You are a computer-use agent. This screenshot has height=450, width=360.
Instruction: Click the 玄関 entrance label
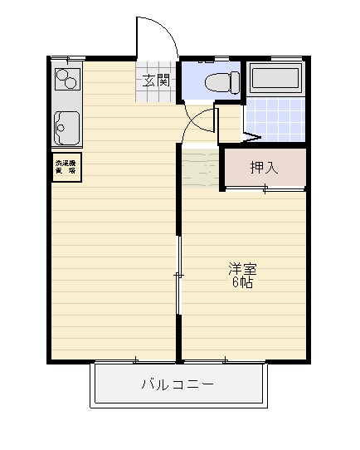click(x=156, y=81)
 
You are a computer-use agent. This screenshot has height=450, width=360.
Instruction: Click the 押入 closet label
click(x=265, y=168)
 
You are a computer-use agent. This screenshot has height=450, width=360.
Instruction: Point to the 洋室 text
click(x=243, y=269)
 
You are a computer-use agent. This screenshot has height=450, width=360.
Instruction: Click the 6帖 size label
click(x=242, y=282)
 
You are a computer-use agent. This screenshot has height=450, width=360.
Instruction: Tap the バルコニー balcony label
click(x=178, y=385)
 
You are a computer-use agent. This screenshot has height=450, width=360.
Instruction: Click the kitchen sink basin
click(x=66, y=127)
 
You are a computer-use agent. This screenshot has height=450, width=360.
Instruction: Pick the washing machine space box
click(x=65, y=165)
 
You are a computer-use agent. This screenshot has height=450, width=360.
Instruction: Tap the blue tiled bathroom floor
click(x=274, y=120)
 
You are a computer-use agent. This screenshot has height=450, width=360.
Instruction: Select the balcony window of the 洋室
click(x=225, y=360)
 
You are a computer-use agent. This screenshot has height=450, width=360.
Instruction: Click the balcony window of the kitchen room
click(x=135, y=360)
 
